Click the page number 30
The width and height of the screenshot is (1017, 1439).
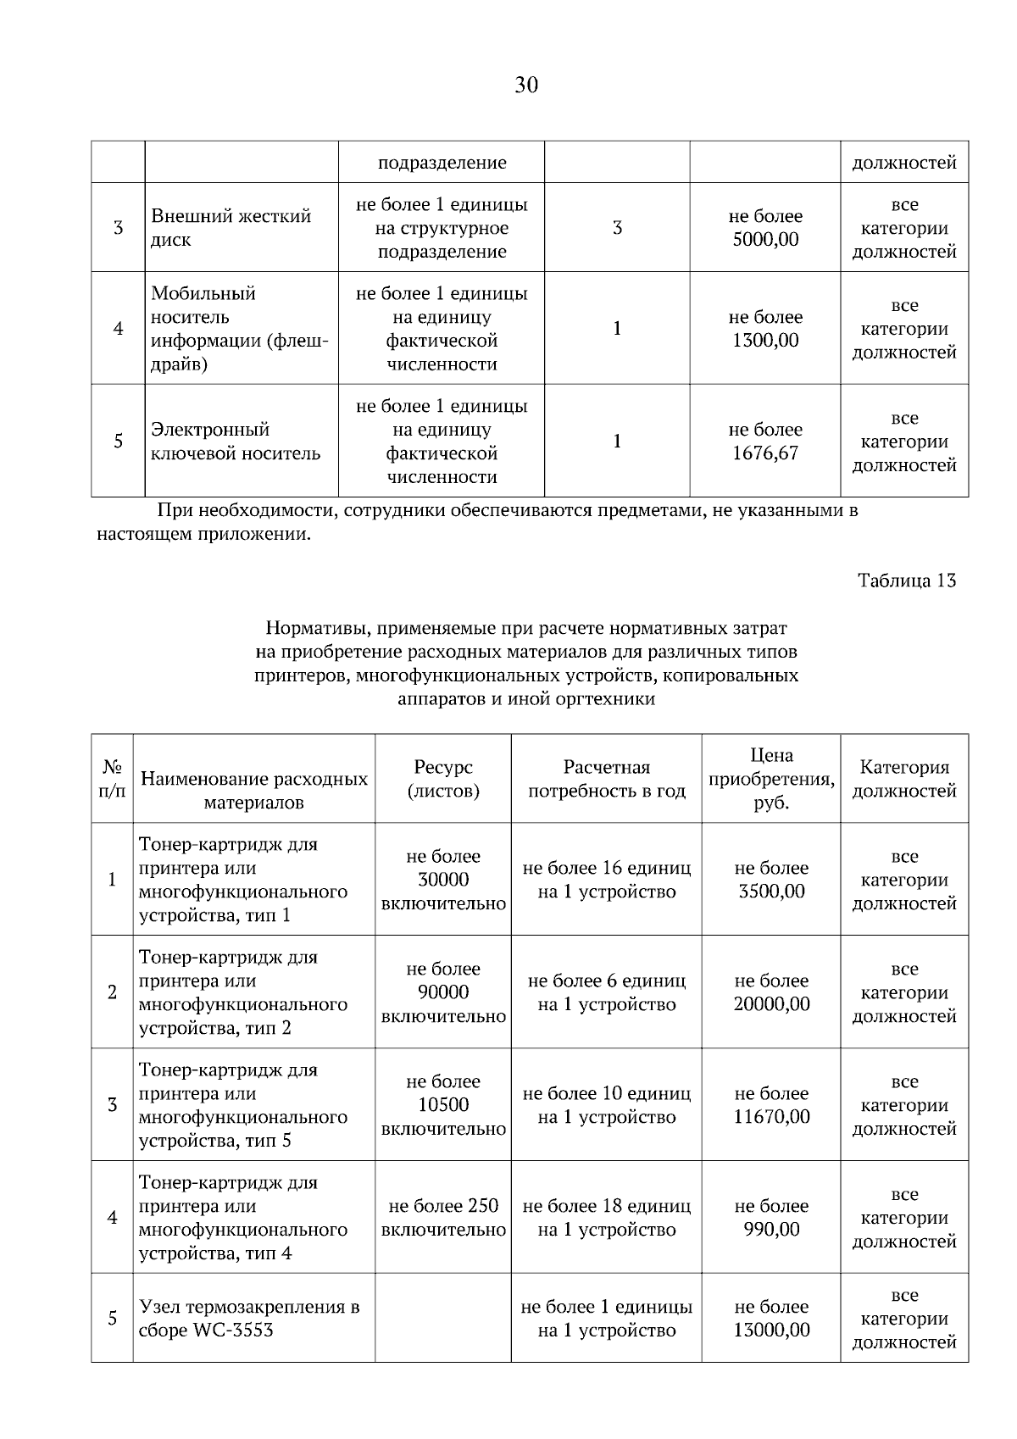coord(525,85)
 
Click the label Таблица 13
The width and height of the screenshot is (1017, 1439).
coord(907,581)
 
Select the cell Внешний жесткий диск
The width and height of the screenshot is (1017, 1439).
coord(231,228)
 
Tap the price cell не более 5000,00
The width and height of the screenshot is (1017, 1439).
coord(765,228)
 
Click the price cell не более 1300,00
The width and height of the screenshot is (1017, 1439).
coord(765,329)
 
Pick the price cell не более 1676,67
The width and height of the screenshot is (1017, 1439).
coord(765,442)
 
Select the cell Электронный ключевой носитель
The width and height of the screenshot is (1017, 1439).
coord(236,442)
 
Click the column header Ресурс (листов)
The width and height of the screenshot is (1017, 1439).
coord(443,779)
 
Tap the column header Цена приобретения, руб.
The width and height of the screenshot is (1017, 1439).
coord(771,779)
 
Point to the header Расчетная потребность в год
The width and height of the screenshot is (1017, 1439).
coord(606,779)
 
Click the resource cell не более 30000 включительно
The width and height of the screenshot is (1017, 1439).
coord(443,880)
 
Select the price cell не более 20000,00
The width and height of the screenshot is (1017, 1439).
coord(771,992)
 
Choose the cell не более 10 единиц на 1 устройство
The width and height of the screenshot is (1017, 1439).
coord(606,1105)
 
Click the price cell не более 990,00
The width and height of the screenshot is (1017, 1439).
coord(771,1218)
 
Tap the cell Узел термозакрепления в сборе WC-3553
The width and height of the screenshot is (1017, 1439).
coord(249,1319)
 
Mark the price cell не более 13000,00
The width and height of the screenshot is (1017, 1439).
coord(771,1319)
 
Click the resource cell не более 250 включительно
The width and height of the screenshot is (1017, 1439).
coord(443,1218)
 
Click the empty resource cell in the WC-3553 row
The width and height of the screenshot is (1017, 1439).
coord(443,1319)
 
